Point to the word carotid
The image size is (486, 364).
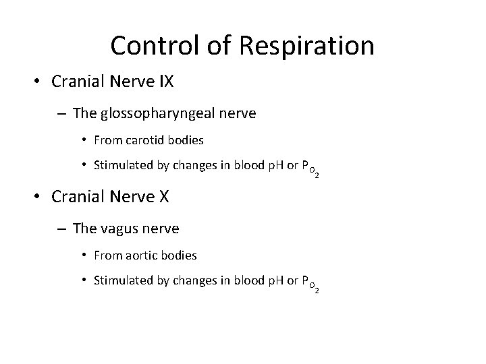click(150, 140)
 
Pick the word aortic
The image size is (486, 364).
click(146, 255)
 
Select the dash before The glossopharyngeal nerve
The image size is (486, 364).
click(61, 114)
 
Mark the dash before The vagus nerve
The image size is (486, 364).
click(61, 229)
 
